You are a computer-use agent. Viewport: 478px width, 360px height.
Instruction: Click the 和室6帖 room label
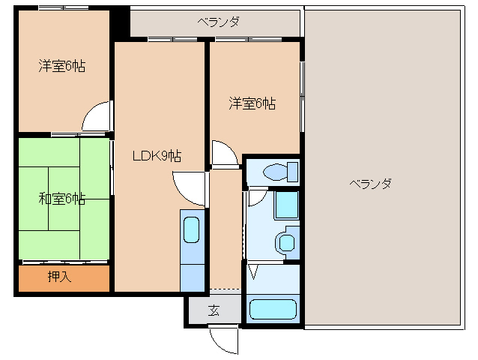[62, 199]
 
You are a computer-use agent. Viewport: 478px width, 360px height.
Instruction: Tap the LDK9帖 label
[157, 156]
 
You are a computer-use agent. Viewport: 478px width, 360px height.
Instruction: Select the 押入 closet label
[59, 277]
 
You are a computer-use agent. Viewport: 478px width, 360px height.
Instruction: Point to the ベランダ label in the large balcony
[370, 184]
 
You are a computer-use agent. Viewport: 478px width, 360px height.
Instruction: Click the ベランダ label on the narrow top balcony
[219, 22]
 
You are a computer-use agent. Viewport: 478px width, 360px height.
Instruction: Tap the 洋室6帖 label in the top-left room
[62, 66]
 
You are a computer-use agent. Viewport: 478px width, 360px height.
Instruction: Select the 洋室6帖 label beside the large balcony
[252, 103]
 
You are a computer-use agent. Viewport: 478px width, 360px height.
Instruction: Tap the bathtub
[273, 310]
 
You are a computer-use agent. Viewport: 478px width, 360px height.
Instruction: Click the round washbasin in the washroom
[285, 241]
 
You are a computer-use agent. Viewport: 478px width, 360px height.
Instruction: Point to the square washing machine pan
[285, 205]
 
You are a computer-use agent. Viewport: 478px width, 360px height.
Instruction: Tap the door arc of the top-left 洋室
[97, 118]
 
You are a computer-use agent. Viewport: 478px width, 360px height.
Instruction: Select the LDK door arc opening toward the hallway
[189, 188]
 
